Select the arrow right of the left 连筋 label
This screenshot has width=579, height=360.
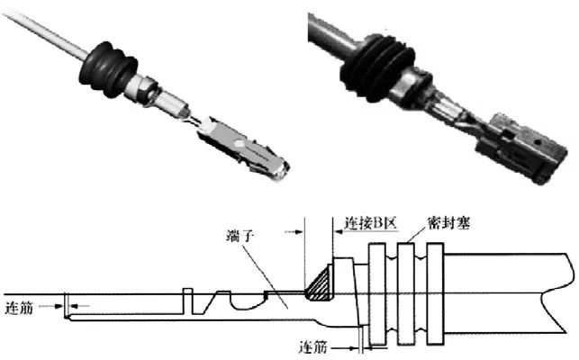tap(77, 308)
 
